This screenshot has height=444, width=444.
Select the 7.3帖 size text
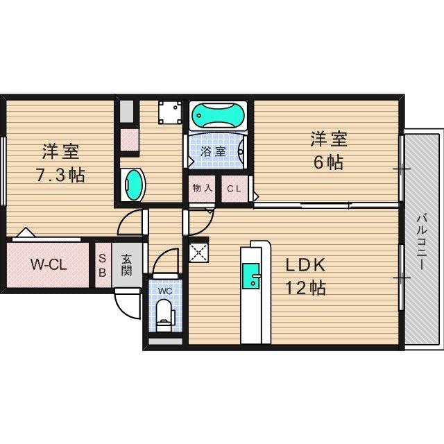(x=60, y=175)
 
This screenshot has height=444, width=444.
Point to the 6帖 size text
(x=327, y=162)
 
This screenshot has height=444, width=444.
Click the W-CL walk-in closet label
(x=48, y=264)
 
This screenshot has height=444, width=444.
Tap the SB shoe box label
(x=102, y=264)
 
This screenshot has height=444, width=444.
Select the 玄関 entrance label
(x=127, y=264)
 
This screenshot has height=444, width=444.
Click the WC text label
(x=164, y=291)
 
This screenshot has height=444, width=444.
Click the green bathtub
(x=218, y=114)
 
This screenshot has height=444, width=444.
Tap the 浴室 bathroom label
(x=213, y=151)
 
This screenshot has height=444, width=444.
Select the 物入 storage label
(x=202, y=188)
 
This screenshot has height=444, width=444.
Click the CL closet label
(x=234, y=188)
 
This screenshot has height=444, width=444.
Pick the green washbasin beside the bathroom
(x=133, y=185)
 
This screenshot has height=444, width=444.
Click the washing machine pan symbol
(x=169, y=112)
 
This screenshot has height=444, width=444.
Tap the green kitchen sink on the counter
(x=250, y=276)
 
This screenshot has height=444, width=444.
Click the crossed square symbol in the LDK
(x=198, y=250)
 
